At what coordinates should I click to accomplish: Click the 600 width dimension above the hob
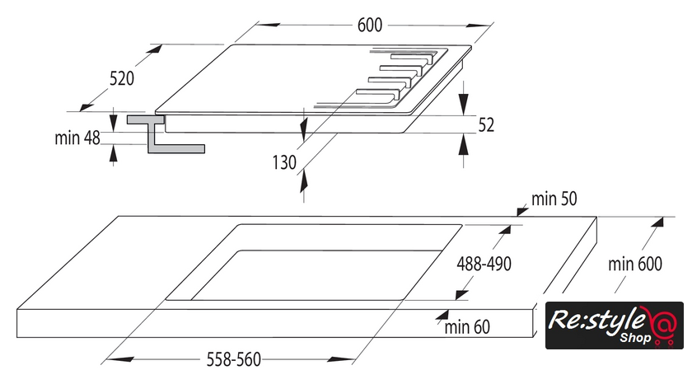[x=369, y=26]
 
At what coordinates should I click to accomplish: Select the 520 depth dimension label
[x=122, y=78]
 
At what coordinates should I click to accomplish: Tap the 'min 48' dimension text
[x=77, y=138]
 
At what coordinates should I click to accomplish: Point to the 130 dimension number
[x=284, y=162]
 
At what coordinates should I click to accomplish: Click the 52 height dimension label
[x=486, y=125]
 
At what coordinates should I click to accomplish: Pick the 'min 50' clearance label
[x=554, y=199]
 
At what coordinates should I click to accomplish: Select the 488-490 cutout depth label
[x=484, y=264]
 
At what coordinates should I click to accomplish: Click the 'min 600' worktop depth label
[x=635, y=264]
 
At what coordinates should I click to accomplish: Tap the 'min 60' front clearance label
[x=467, y=327]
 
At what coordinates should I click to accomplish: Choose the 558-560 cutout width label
[x=234, y=359]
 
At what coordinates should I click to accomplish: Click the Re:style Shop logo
[x=615, y=325]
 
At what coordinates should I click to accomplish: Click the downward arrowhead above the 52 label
[x=463, y=104]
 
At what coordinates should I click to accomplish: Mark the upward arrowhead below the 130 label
[x=304, y=182]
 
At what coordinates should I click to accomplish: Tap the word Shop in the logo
[x=635, y=338]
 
